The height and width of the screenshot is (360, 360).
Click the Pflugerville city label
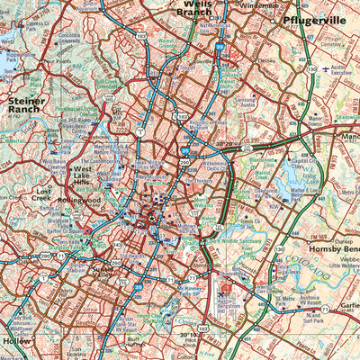[x=313, y=20]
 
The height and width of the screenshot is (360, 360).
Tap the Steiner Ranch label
[x=27, y=106]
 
